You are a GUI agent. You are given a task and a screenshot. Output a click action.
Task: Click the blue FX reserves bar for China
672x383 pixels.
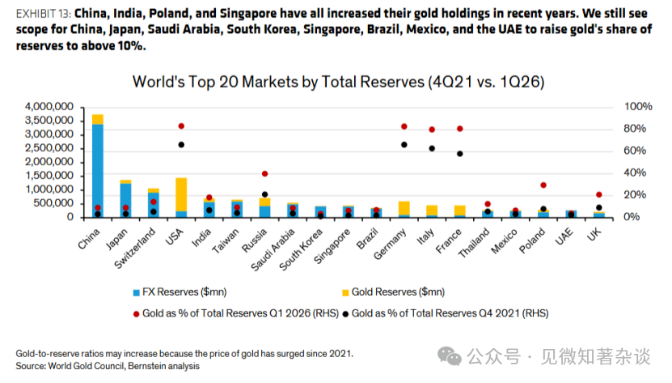(98, 171)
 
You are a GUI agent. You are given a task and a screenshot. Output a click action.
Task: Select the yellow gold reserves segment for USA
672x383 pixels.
(181, 194)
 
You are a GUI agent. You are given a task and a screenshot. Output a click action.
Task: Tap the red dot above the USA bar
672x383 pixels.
(181, 126)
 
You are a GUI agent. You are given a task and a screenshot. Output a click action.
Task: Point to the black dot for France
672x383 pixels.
(460, 154)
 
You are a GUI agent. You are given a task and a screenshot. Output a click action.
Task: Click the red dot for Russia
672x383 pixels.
(265, 174)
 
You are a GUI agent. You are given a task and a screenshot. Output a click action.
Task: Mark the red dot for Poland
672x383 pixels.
(543, 185)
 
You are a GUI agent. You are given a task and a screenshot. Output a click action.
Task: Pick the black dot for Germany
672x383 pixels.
(404, 145)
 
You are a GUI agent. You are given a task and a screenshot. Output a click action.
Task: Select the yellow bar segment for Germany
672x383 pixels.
(404, 208)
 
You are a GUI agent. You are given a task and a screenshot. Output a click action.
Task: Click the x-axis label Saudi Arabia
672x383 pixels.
(273, 249)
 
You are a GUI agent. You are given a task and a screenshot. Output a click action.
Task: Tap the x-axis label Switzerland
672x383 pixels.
(134, 249)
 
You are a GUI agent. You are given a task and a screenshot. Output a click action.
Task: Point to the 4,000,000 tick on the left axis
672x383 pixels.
(49, 107)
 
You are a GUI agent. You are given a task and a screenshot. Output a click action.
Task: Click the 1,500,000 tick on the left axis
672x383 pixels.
(49, 176)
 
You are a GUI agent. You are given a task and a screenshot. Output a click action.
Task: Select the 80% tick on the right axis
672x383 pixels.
(635, 129)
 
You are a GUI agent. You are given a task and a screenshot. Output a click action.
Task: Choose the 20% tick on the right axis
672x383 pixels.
(635, 194)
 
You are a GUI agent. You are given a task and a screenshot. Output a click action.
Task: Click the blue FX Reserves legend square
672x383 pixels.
(137, 293)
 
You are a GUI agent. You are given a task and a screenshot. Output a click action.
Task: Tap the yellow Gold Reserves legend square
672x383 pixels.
(345, 293)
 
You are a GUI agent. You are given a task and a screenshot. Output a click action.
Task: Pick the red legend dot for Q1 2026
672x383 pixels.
(137, 314)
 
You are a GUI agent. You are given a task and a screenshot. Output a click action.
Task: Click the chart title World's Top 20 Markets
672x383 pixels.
(339, 82)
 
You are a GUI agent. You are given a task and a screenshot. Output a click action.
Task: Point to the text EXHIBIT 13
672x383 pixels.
(44, 14)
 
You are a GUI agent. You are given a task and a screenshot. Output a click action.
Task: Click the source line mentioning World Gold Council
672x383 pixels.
(108, 366)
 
